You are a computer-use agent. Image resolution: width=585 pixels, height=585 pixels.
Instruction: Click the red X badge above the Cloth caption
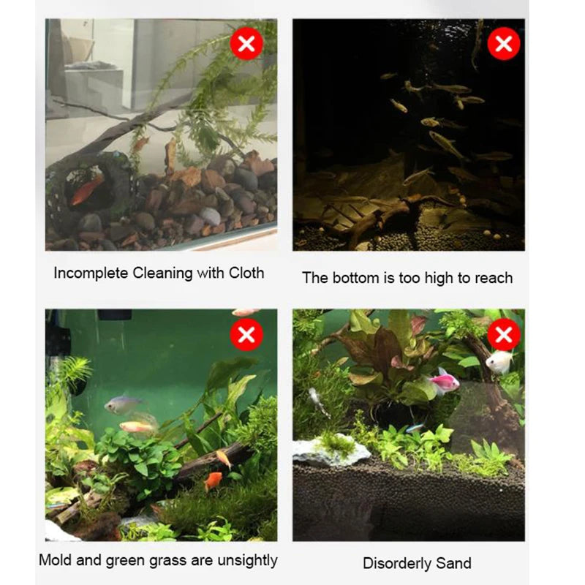click(246, 44)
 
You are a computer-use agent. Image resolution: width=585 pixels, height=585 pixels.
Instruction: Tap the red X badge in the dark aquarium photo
click(504, 44)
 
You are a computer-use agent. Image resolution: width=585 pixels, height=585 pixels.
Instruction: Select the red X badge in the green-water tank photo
click(246, 335)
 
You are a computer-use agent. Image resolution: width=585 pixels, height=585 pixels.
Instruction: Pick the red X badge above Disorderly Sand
click(504, 335)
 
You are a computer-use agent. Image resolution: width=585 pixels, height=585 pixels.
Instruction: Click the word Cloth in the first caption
click(246, 273)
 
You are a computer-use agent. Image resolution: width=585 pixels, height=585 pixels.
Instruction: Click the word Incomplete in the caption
click(91, 273)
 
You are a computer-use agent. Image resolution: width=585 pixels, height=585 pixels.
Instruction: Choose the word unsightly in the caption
click(247, 561)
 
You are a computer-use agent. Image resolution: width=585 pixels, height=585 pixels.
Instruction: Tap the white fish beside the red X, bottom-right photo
click(499, 361)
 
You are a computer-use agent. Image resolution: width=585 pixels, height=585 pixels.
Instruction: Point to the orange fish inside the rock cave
click(87, 189)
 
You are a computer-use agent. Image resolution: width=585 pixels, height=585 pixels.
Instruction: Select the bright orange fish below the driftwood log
click(213, 481)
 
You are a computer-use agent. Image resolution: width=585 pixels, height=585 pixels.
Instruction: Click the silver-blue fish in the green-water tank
click(122, 405)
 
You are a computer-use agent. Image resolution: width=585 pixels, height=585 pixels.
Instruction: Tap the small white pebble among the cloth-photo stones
click(210, 216)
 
